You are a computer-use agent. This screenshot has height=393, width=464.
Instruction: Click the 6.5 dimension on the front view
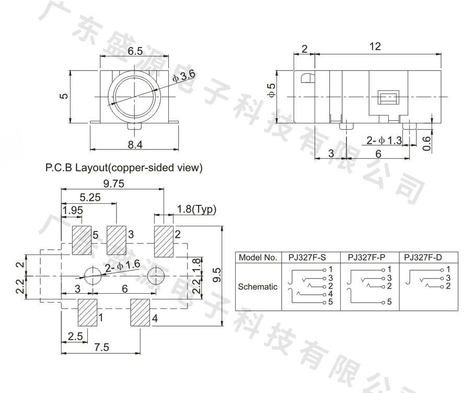[x=135, y=51]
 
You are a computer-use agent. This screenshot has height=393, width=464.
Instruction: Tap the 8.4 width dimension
[x=135, y=145]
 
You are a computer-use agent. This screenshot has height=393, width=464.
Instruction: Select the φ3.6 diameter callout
[x=184, y=76]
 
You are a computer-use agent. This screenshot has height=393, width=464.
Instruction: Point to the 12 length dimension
[x=375, y=47]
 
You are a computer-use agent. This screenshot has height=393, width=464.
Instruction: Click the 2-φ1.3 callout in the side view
[x=384, y=140]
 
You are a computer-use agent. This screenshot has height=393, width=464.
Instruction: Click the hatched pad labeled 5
[x=82, y=240]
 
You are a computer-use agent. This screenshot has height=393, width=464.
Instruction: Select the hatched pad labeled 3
[x=117, y=240]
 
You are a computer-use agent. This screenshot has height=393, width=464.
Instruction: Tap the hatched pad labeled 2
[x=164, y=240]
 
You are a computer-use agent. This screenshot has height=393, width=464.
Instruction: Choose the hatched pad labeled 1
[x=87, y=313]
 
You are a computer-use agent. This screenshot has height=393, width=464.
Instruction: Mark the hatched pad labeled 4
[x=141, y=313]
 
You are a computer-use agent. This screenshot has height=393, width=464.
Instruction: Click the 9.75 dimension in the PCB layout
[x=113, y=183]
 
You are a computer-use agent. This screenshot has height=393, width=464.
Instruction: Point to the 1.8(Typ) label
[x=196, y=210]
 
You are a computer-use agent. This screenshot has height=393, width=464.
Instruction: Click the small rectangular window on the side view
[x=388, y=98]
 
